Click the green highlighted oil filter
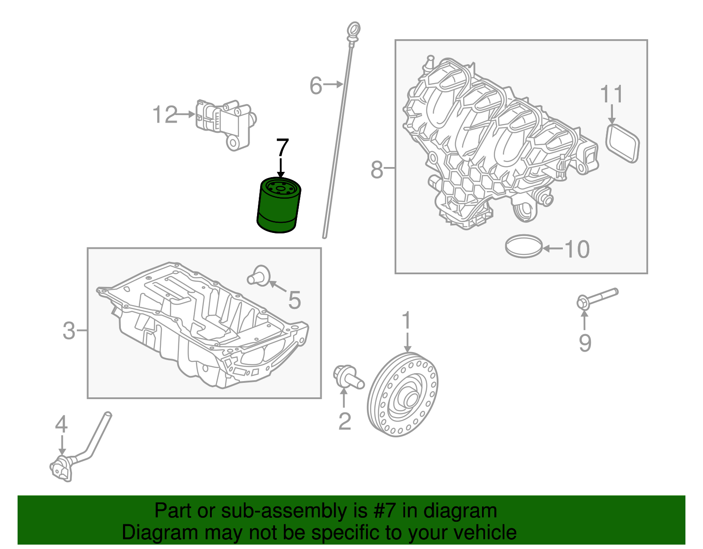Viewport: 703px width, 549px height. pyautogui.click(x=279, y=206)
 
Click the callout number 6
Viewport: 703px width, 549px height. pyautogui.click(x=316, y=86)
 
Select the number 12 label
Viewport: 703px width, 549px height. pyautogui.click(x=165, y=115)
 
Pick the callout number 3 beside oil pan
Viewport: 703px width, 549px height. pyautogui.click(x=69, y=331)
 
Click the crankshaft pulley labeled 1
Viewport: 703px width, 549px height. pyautogui.click(x=402, y=394)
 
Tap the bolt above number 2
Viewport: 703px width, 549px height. pyautogui.click(x=348, y=377)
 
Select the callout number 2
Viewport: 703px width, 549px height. pyautogui.click(x=345, y=421)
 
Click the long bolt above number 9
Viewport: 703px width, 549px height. pyautogui.click(x=597, y=298)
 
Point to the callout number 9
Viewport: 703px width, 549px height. pyautogui.click(x=585, y=343)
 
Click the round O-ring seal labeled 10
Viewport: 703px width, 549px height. pyautogui.click(x=524, y=246)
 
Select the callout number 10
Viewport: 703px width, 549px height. pyautogui.click(x=576, y=249)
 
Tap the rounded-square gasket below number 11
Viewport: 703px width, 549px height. pyautogui.click(x=623, y=143)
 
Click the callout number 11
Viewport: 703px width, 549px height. pyautogui.click(x=612, y=95)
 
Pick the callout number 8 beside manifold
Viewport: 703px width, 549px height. pyautogui.click(x=377, y=170)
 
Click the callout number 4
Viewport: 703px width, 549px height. pyautogui.click(x=62, y=425)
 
